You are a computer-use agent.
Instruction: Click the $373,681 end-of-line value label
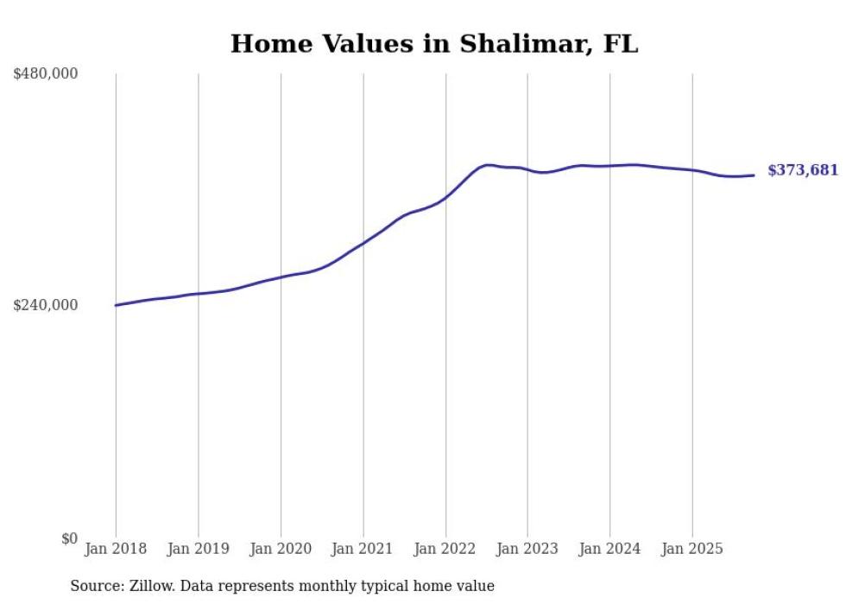[803, 170]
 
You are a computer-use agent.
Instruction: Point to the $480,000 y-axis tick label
[46, 74]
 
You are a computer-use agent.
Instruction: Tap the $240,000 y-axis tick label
[46, 305]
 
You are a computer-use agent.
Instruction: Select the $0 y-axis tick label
[69, 538]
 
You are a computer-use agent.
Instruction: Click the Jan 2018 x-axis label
[116, 549]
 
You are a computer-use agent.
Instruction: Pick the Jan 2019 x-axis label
[199, 549]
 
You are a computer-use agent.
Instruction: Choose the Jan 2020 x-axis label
[281, 549]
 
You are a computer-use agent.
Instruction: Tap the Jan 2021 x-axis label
[363, 549]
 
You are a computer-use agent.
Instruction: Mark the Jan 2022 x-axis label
[445, 549]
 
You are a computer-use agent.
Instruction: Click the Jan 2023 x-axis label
[527, 549]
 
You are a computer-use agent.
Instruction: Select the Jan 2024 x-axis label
[609, 549]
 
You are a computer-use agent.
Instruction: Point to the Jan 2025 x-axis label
[692, 549]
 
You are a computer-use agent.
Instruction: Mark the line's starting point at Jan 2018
[117, 305]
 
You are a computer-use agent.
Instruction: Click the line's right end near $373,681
[754, 175]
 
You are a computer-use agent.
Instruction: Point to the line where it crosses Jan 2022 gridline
[445, 198]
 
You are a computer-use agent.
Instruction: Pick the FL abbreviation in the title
[621, 44]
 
